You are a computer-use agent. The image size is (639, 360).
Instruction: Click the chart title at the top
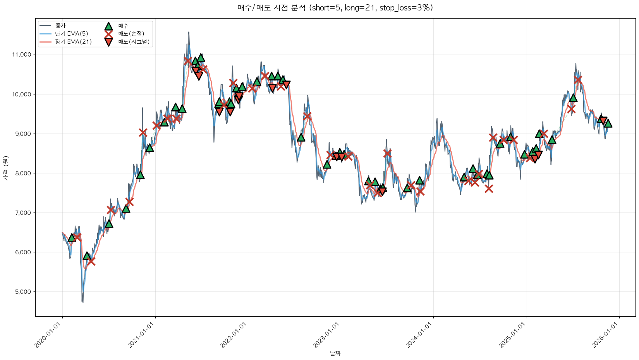click(x=335, y=8)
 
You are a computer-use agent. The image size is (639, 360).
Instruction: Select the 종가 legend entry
click(x=60, y=26)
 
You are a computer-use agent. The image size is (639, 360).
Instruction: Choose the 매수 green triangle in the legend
click(x=108, y=26)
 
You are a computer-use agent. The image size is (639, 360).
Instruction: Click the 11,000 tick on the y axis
click(x=21, y=55)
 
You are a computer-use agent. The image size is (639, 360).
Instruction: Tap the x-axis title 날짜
click(x=335, y=353)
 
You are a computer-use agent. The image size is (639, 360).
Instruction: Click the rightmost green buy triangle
click(x=608, y=123)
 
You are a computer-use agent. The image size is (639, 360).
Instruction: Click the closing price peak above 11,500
click(x=189, y=32)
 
